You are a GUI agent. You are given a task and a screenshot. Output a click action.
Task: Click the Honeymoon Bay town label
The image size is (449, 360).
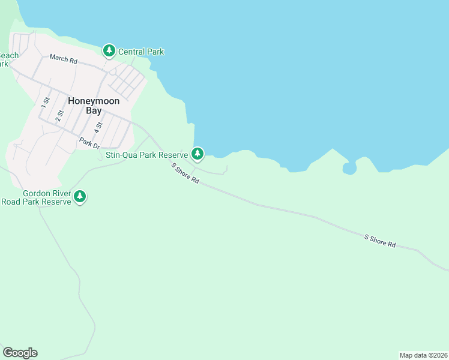(x=94, y=106)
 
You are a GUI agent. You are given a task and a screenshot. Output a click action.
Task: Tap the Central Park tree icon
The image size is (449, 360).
(x=109, y=51)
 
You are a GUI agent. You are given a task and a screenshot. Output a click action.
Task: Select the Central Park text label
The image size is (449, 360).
(x=141, y=52)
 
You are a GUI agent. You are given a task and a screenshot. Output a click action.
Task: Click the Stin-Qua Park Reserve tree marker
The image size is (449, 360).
(x=197, y=154)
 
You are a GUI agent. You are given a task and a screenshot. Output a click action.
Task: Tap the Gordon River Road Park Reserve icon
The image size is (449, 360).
(x=80, y=196)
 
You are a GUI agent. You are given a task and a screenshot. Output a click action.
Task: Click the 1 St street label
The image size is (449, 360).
(x=44, y=102)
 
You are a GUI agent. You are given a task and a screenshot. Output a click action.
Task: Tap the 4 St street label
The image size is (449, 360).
(x=98, y=127)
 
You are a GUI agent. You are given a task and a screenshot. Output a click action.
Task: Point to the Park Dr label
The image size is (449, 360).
(x=88, y=143)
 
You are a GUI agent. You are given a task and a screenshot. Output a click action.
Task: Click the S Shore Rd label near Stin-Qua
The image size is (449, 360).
(x=185, y=173)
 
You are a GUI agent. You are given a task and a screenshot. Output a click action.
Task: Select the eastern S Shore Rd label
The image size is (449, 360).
(x=381, y=241)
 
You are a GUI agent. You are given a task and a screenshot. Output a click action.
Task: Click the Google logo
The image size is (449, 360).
(x=20, y=353)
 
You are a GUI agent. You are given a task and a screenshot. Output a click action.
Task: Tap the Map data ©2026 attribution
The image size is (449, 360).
(x=423, y=355)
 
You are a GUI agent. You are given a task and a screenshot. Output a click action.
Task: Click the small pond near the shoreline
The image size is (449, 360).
(x=349, y=169)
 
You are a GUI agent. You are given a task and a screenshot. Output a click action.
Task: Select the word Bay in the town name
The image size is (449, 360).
(x=94, y=111)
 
